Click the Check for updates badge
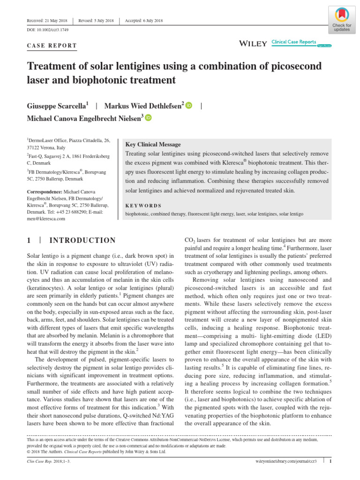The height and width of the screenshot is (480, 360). tap(341, 19)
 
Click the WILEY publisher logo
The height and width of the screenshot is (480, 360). tap(253, 44)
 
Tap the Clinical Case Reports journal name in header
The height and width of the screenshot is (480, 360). tap(293, 42)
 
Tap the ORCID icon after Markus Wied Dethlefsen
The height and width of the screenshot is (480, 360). tap(189, 105)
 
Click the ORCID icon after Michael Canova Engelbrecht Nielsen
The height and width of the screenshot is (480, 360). tap(149, 119)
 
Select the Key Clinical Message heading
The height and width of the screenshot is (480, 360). tap(153, 144)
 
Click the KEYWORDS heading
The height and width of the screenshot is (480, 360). tap(143, 205)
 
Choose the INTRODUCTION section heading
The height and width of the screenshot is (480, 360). tap(82, 240)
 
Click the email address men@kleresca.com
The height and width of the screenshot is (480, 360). tap(45, 218)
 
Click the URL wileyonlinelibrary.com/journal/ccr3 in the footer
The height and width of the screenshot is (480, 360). tap(284, 462)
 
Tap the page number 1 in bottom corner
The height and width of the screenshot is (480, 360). tap(330, 462)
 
